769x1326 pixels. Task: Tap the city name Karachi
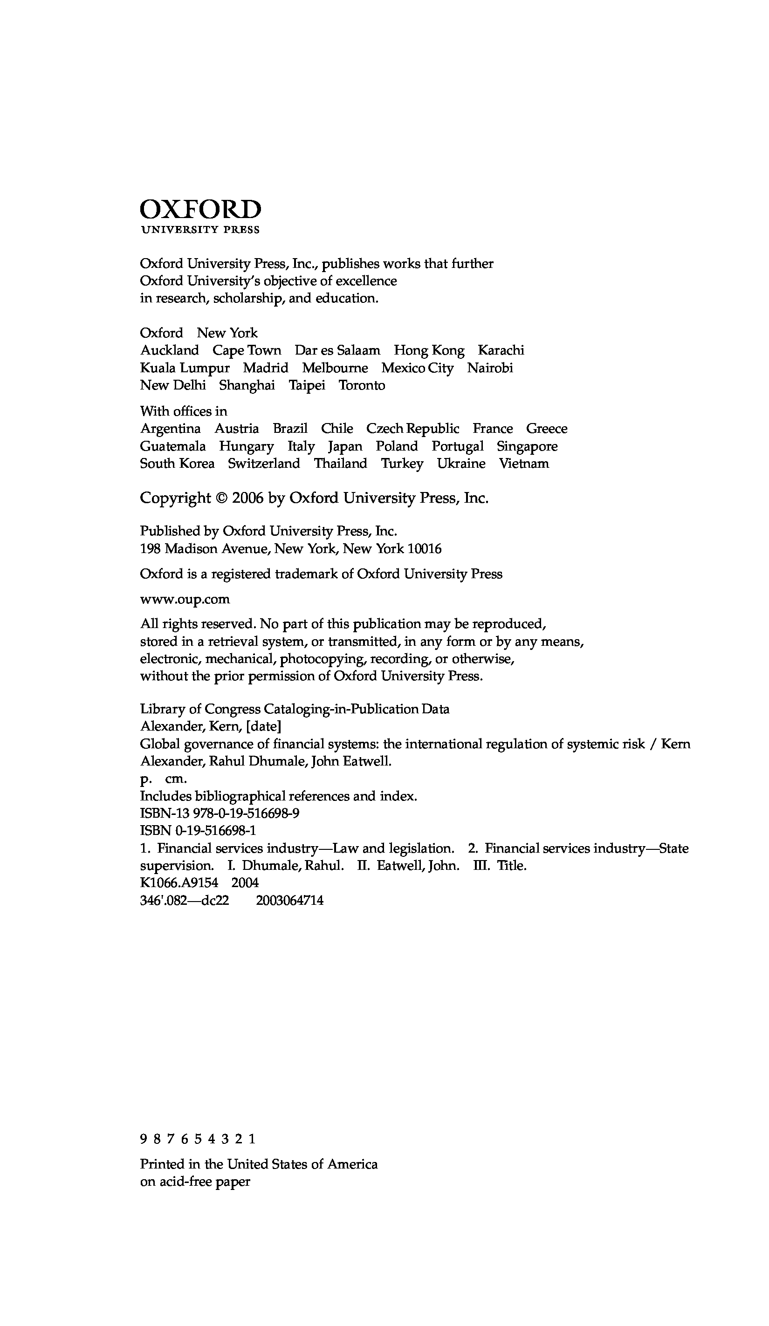[501, 350]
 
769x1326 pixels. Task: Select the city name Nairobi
[489, 368]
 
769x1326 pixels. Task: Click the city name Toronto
[362, 385]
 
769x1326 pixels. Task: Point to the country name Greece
[546, 429]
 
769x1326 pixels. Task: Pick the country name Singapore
[527, 446]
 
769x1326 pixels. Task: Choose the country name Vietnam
[524, 464]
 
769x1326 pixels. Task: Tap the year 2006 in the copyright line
[247, 499]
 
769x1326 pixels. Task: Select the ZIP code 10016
[425, 549]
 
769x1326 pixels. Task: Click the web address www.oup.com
[185, 599]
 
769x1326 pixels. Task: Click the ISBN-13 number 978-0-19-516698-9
[247, 813]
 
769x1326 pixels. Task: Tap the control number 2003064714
[289, 900]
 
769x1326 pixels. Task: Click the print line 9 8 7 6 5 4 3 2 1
[198, 1139]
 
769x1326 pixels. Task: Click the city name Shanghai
[247, 385]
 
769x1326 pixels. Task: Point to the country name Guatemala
[172, 446]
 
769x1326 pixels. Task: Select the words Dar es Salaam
[337, 350]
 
